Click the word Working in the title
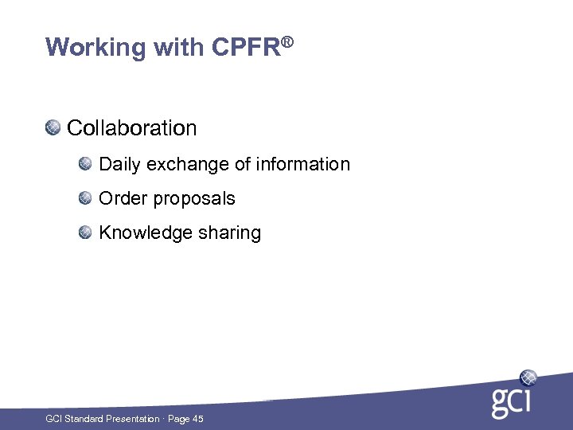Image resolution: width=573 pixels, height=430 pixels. pos(85,48)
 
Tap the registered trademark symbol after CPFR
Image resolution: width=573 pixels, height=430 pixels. pos(288,39)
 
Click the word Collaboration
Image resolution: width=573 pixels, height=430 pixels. pos(132,127)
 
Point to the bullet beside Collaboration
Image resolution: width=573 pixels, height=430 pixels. pos(53,127)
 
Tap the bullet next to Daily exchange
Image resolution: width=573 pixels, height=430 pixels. pos(85,164)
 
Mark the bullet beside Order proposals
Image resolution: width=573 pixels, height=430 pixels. pos(85,198)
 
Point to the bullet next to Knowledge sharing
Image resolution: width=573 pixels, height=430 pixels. pos(85,233)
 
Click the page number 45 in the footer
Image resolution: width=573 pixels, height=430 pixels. pos(197,419)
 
